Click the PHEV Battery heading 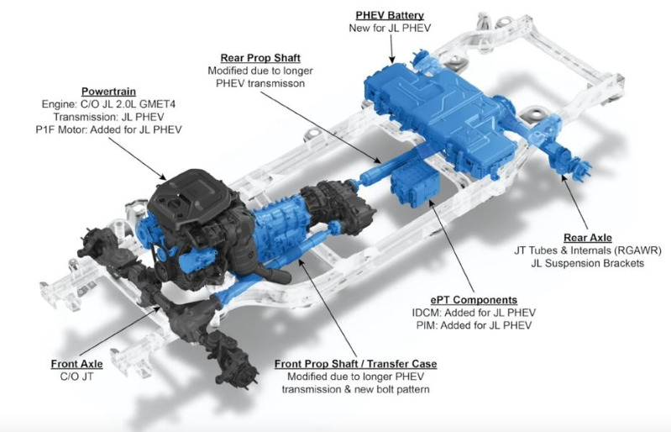pyautogui.click(x=390, y=15)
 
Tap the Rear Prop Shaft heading pyautogui.click(x=260, y=58)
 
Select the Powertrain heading pyautogui.click(x=108, y=92)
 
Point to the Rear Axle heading pyautogui.click(x=588, y=238)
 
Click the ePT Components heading pyautogui.click(x=474, y=300)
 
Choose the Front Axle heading pyautogui.click(x=76, y=364)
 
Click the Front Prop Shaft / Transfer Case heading pyautogui.click(x=355, y=364)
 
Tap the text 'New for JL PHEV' pyautogui.click(x=390, y=29)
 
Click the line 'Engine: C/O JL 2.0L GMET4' pyautogui.click(x=108, y=104)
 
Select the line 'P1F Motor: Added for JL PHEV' pyautogui.click(x=108, y=129)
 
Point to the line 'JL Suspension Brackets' pyautogui.click(x=588, y=263)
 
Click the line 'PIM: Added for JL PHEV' pyautogui.click(x=474, y=325)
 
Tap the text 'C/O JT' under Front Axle pyautogui.click(x=76, y=377)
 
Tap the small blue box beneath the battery pyautogui.click(x=415, y=185)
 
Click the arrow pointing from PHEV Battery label pyautogui.click(x=391, y=49)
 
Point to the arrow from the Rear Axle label pyautogui.click(x=574, y=201)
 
